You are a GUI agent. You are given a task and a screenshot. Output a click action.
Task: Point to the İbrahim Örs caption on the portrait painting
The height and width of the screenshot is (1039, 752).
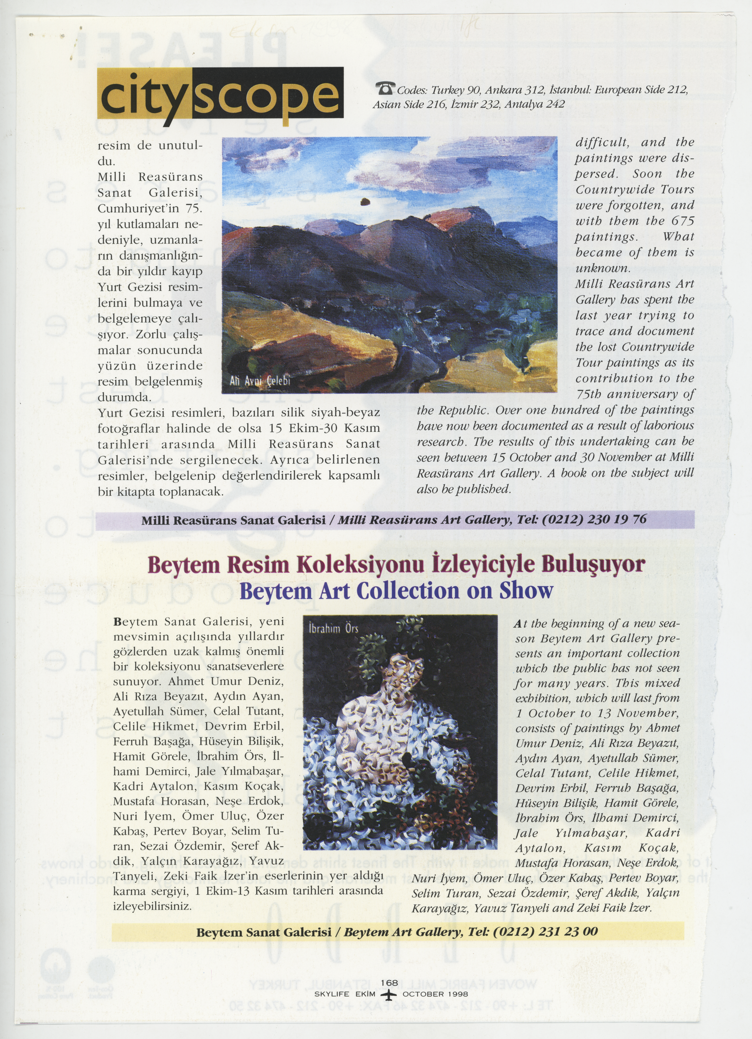333,629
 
